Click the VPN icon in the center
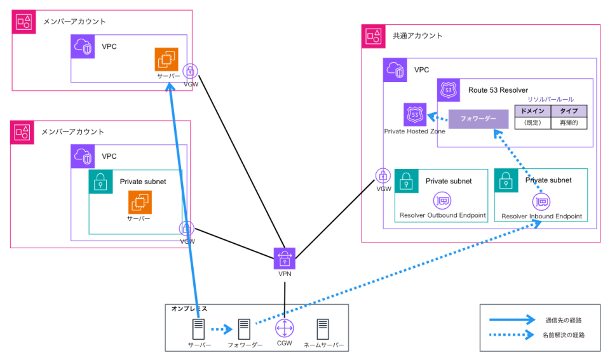click(x=284, y=258)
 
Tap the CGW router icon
click(x=284, y=328)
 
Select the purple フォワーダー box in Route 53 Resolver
click(x=478, y=119)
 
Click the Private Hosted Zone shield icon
click(x=415, y=114)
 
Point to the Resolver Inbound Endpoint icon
click(x=541, y=202)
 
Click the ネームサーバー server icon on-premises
click(x=323, y=328)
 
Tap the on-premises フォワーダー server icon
click(x=245, y=328)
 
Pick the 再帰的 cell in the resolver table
click(x=569, y=123)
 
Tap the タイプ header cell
click(x=569, y=110)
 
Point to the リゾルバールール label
click(x=550, y=99)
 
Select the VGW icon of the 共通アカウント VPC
click(x=383, y=176)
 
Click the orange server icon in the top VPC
click(x=166, y=59)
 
